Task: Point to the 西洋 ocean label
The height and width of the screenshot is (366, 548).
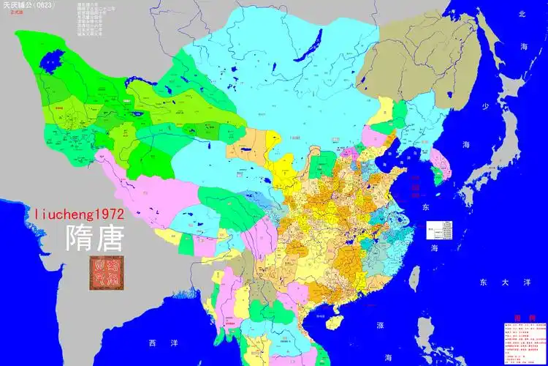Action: click(x=157, y=343)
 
